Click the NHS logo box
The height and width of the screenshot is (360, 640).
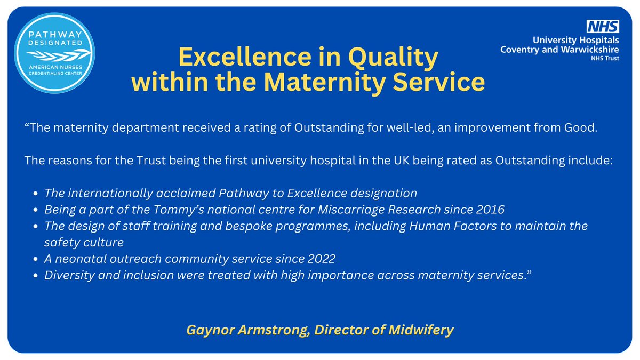603,26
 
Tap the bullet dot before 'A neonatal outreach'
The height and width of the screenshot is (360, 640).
35,259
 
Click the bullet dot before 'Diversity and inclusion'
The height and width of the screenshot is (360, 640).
35,276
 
